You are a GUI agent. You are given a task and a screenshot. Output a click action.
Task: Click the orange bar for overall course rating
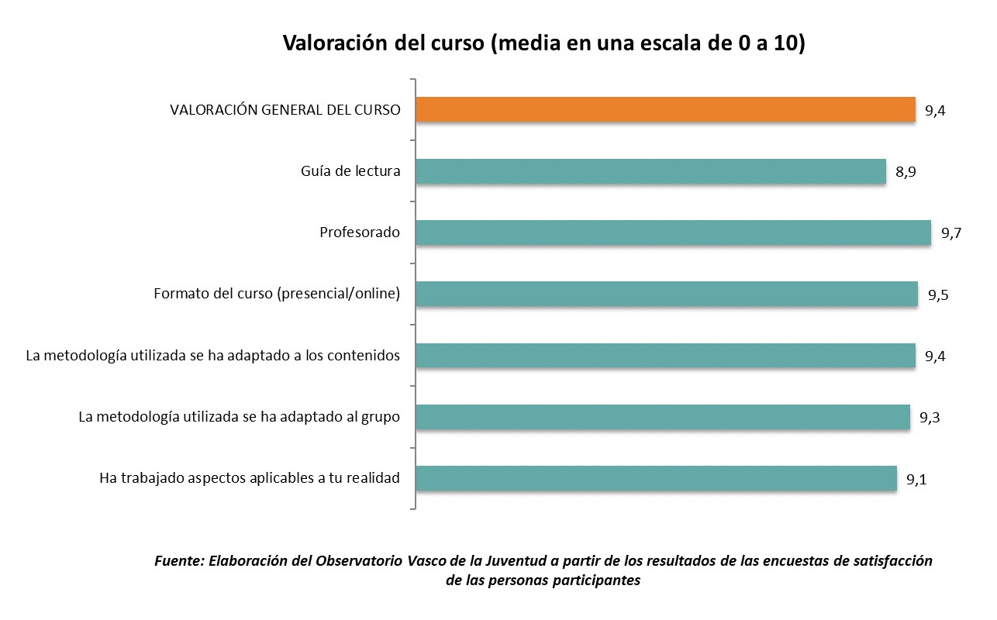pyautogui.click(x=665, y=109)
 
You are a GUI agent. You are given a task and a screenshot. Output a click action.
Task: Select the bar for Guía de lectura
pyautogui.click(x=650, y=171)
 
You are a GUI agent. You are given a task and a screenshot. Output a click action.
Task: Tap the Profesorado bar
pyautogui.click(x=673, y=232)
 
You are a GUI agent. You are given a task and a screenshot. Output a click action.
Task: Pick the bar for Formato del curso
pyautogui.click(x=667, y=294)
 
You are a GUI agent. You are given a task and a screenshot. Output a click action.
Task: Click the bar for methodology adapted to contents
pyautogui.click(x=665, y=355)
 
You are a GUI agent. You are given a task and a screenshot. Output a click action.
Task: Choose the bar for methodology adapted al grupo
pyautogui.click(x=662, y=417)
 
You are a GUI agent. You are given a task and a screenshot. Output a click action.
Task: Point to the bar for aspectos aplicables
pyautogui.click(x=656, y=478)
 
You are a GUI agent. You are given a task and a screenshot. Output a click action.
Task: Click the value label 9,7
pyautogui.click(x=951, y=234)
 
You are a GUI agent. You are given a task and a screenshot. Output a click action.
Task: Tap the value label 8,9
pyautogui.click(x=906, y=173)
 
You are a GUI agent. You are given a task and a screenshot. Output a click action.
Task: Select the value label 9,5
pyautogui.click(x=938, y=295)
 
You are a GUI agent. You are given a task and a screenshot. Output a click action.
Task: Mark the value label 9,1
pyautogui.click(x=916, y=480)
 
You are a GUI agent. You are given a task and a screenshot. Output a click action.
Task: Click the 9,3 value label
pyautogui.click(x=930, y=418)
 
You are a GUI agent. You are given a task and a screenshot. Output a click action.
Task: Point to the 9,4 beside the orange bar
pyautogui.click(x=935, y=111)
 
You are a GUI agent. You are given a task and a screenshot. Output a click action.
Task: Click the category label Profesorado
pyautogui.click(x=360, y=232)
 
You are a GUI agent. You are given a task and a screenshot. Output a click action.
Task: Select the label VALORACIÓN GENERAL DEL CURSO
pyautogui.click(x=285, y=110)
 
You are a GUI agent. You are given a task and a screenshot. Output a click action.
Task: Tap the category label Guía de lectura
pyautogui.click(x=350, y=171)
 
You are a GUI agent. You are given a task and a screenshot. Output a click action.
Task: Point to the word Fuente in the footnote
pyautogui.click(x=179, y=560)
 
